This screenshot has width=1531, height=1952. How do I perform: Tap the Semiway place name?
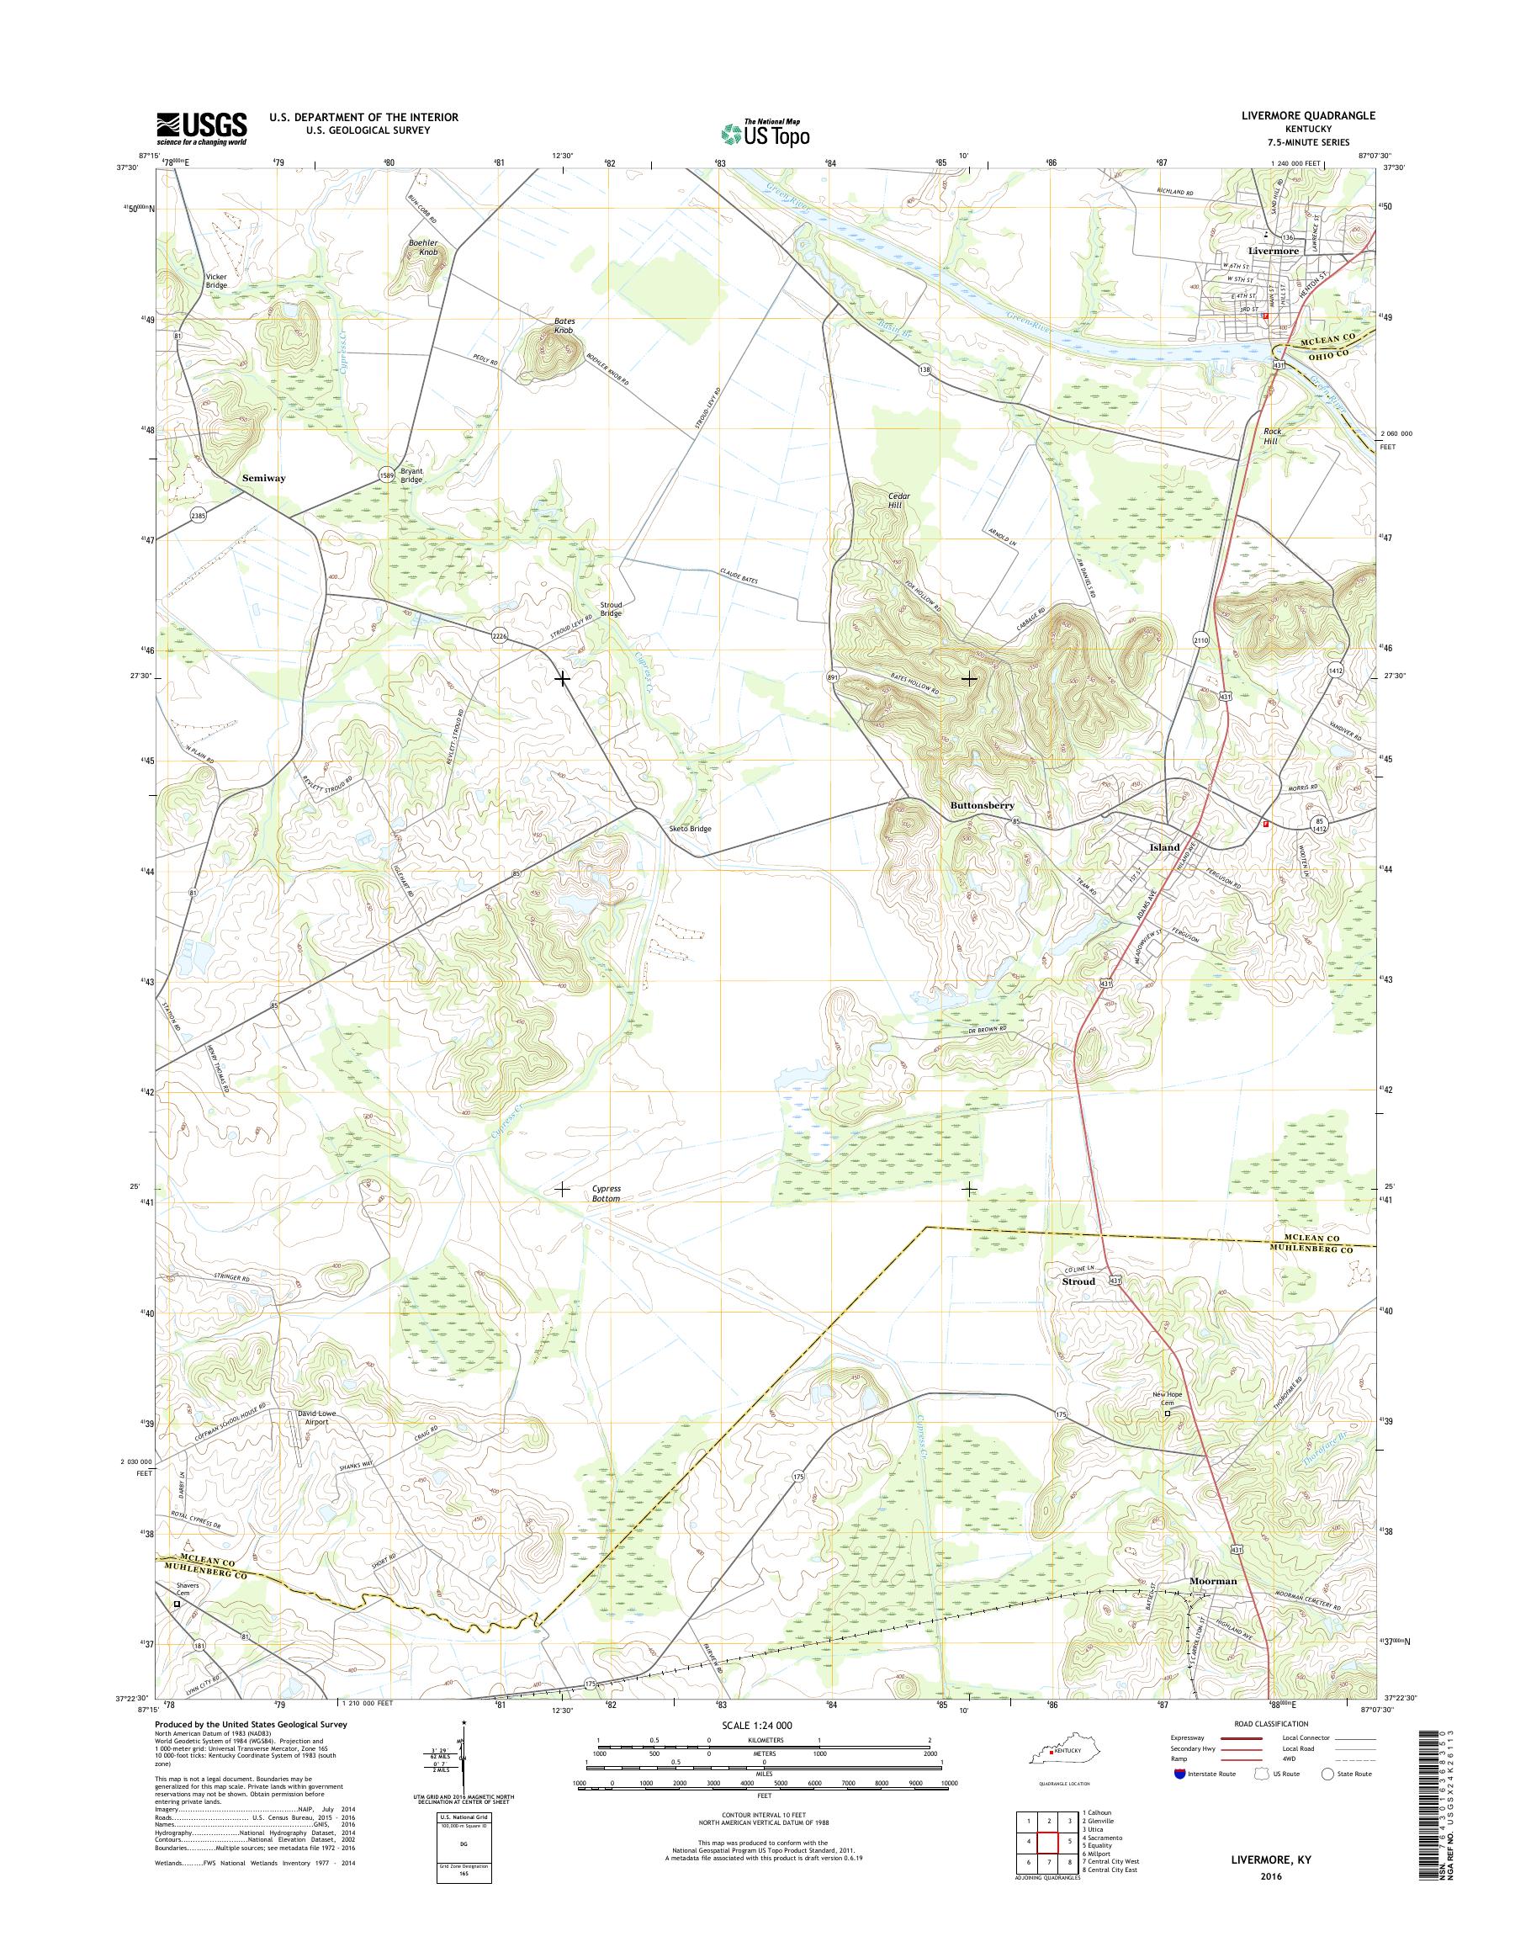pyautogui.click(x=263, y=479)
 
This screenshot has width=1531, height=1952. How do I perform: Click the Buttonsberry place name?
pyautogui.click(x=982, y=806)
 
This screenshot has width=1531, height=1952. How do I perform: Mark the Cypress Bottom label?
pyautogui.click(x=606, y=1192)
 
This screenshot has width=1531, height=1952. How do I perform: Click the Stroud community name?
pyautogui.click(x=1078, y=1281)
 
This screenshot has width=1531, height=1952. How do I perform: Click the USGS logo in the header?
pyautogui.click(x=202, y=129)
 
